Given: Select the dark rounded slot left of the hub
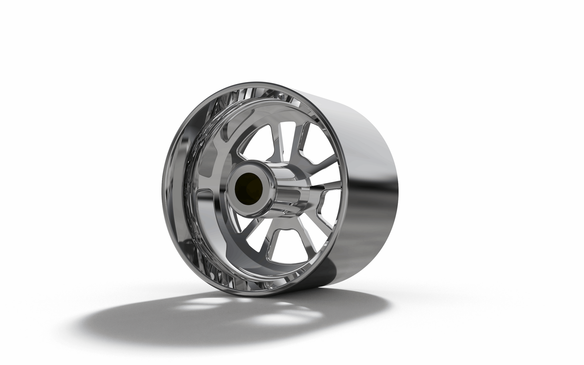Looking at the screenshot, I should pyautogui.click(x=207, y=171).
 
